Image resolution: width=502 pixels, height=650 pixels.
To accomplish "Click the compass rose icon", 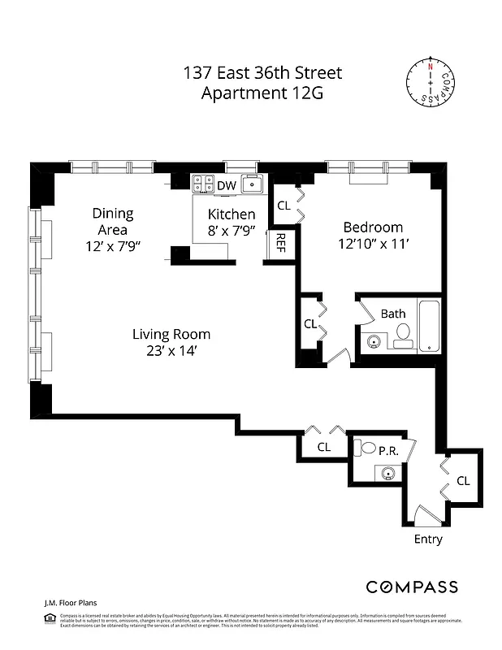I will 430,82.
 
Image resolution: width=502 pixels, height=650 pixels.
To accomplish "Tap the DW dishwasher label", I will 227,186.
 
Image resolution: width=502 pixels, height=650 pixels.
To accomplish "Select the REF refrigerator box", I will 280,242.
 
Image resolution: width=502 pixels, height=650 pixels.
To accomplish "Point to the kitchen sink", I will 253,184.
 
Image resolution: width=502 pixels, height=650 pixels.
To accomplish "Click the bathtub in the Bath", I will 428,327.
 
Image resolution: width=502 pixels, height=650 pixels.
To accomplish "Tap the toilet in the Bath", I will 402,335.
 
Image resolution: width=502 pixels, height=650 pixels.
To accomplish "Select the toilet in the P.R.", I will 368,448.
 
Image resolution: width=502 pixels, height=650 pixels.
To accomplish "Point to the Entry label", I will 428,539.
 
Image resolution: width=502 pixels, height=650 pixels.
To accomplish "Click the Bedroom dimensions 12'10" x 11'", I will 373,244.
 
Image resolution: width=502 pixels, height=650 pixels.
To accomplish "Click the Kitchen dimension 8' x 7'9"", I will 232,231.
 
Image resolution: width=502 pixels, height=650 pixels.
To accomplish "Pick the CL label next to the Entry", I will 463,481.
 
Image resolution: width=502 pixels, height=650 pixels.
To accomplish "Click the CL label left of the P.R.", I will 323,447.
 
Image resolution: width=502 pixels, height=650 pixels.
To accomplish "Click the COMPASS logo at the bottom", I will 411,587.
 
